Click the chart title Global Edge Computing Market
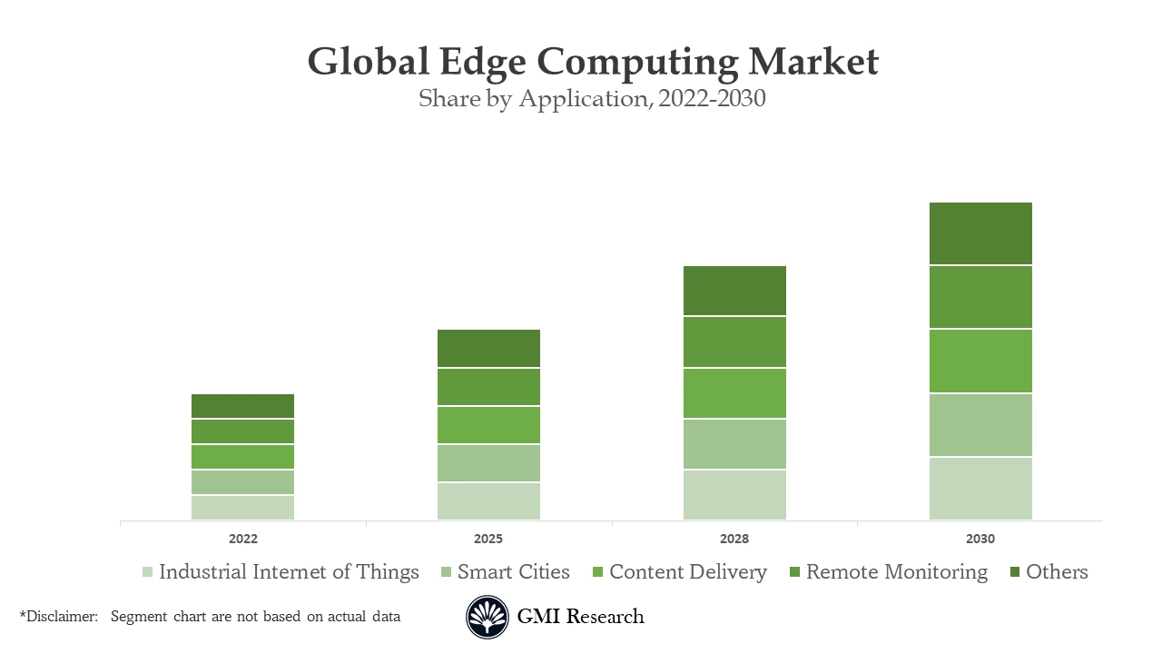pos(593,62)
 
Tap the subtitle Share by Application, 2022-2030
pos(592,98)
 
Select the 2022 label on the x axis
pos(242,539)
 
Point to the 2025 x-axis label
pos(488,539)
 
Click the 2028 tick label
pos(734,539)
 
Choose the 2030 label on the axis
pos(980,539)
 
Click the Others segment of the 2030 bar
pos(980,233)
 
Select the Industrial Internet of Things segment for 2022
pos(242,508)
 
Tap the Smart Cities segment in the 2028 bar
pos(734,444)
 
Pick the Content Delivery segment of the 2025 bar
pos(488,425)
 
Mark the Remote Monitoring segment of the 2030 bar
pos(980,297)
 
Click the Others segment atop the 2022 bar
pos(242,406)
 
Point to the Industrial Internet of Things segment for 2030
pos(980,489)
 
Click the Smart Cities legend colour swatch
pos(446,572)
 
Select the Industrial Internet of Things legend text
pos(289,572)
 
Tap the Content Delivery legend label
pos(687,572)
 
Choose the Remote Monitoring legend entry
pos(896,572)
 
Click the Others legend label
pos(1057,572)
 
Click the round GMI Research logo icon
pos(487,618)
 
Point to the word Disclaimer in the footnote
pos(61,617)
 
